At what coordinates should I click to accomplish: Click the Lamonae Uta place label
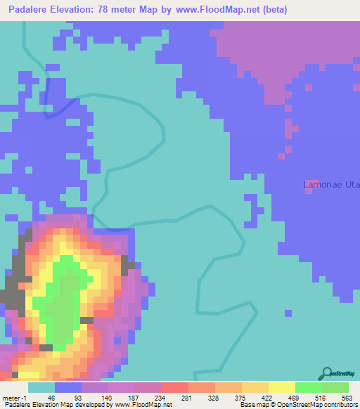pos(330,185)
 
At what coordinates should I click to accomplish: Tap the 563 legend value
pos(346,397)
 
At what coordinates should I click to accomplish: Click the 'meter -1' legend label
pos(13,397)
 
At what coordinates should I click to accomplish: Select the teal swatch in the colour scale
pos(41,387)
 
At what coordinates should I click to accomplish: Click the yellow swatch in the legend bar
pos(281,387)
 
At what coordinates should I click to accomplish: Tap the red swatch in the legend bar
pos(174,387)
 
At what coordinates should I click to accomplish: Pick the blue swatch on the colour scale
pos(68,387)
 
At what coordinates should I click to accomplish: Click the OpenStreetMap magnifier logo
pos(327,373)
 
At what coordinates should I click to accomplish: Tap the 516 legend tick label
pos(320,397)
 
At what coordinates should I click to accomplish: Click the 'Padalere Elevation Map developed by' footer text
pos(56,405)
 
